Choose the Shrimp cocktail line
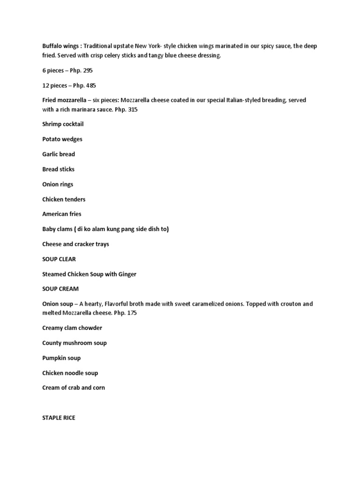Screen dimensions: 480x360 click(x=63, y=124)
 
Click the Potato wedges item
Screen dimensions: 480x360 click(x=62, y=139)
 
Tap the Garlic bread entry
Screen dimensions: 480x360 click(x=59, y=154)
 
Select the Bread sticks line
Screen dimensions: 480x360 click(x=58, y=169)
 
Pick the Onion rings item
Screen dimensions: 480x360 click(x=58, y=184)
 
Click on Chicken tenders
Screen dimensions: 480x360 click(x=64, y=199)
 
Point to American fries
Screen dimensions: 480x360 click(x=62, y=214)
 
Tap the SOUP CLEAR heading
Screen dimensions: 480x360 click(x=59, y=259)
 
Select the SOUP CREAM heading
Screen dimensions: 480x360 click(x=60, y=289)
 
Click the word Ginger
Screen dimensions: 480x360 click(x=127, y=274)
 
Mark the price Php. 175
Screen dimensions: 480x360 click(x=146, y=313)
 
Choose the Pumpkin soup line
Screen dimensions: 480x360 click(x=61, y=358)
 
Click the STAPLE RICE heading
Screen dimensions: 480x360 click(x=59, y=417)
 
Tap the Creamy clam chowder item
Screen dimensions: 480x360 click(x=72, y=328)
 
